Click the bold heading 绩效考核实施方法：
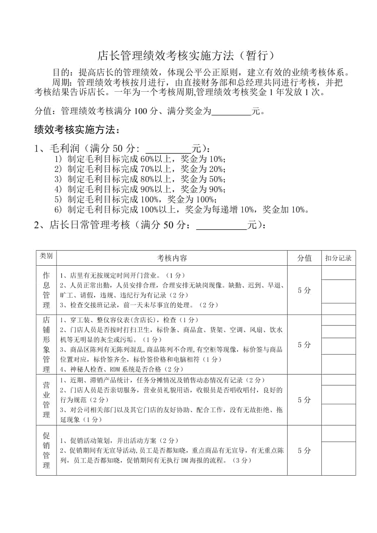point(77,130)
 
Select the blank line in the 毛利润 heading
point(169,148)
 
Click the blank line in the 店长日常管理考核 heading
point(222,226)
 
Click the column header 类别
point(46,256)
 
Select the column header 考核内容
point(172,258)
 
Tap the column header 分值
point(304,258)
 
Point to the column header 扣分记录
point(338,258)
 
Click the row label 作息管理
point(46,290)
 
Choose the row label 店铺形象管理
point(46,344)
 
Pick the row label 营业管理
point(46,400)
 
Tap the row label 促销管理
point(46,450)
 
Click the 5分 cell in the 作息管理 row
point(304,290)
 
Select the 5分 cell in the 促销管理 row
point(304,450)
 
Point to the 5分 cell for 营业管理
point(304,400)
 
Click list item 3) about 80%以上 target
point(140,179)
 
